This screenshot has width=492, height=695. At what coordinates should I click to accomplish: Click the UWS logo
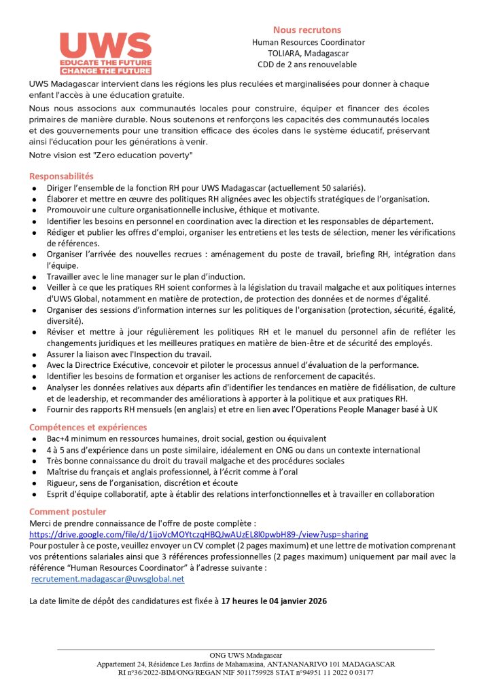tap(105, 52)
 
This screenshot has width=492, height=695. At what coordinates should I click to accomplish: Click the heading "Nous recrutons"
tap(307, 30)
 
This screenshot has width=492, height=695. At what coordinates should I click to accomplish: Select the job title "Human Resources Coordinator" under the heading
tap(308, 42)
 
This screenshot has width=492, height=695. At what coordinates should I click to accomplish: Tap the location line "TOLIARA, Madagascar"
tap(307, 53)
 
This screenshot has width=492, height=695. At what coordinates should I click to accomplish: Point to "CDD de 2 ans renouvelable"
tap(307, 64)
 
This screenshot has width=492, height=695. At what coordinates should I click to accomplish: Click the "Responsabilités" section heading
tap(61, 176)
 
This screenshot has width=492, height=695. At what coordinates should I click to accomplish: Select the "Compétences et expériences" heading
tap(88, 427)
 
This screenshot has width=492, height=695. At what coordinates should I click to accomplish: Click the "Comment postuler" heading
tap(67, 511)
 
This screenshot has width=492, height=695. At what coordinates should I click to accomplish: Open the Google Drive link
tap(198, 534)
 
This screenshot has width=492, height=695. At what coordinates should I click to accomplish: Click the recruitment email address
tap(108, 579)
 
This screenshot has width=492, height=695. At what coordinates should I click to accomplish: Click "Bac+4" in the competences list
tap(58, 439)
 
